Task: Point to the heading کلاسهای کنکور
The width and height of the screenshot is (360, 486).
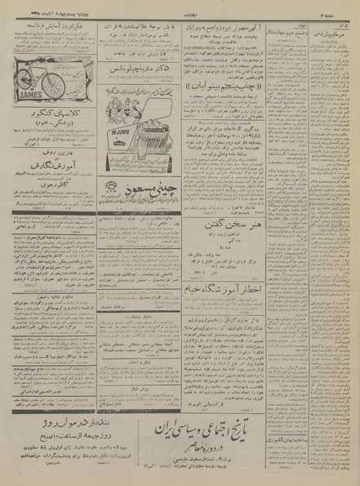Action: (x=53, y=111)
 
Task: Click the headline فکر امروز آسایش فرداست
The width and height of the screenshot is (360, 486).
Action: (x=53, y=26)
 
